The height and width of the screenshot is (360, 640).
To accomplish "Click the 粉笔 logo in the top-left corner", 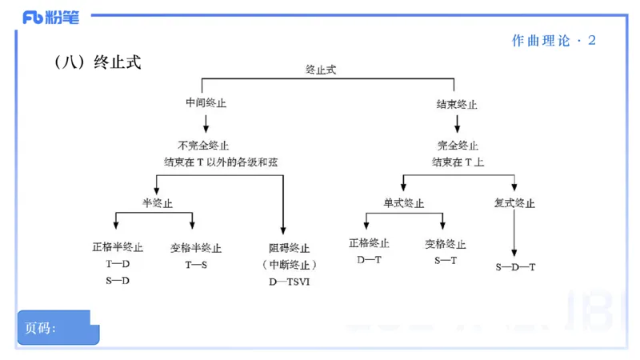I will click(x=50, y=17).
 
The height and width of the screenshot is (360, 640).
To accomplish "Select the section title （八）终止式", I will click(x=98, y=62).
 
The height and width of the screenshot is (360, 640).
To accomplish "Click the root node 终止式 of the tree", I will click(x=321, y=70).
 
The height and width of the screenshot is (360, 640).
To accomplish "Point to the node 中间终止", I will click(x=206, y=104).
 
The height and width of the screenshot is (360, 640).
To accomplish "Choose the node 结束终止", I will click(x=457, y=104).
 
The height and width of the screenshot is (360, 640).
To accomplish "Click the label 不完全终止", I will click(x=204, y=146).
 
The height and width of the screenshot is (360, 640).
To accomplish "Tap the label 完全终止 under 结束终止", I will click(x=458, y=146).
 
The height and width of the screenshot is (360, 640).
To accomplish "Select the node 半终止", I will click(x=158, y=203).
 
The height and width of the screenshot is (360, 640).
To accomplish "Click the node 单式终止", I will click(x=404, y=203).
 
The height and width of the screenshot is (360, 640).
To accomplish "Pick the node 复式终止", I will click(x=514, y=203).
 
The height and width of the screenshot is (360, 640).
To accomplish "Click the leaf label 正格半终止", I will click(x=118, y=248).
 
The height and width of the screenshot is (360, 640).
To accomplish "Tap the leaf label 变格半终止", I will click(x=196, y=248).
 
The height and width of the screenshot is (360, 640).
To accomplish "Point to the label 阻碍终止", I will click(x=289, y=248).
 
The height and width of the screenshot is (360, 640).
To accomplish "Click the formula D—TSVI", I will click(x=289, y=282).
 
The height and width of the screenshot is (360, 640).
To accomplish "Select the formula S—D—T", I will click(x=515, y=266).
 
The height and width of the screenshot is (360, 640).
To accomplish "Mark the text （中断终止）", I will click(x=289, y=265).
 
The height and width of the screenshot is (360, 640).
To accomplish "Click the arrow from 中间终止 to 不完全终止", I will click(x=206, y=123).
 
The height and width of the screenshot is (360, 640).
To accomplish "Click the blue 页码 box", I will click(x=58, y=328).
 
